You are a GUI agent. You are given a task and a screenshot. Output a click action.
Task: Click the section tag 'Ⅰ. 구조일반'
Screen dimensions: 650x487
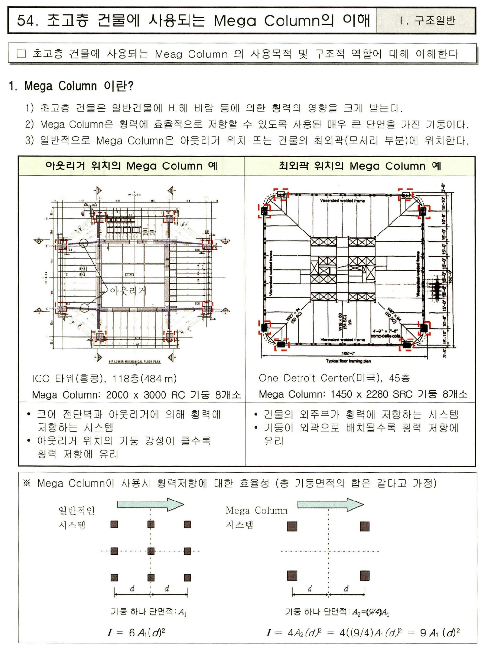tap(427, 21)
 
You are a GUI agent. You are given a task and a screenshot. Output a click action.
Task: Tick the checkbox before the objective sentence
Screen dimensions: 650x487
tap(21, 54)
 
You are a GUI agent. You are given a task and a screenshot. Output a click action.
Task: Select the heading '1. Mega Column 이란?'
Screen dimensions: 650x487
tap(71, 86)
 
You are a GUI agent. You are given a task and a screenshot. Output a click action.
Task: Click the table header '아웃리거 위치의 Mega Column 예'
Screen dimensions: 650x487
tap(131, 166)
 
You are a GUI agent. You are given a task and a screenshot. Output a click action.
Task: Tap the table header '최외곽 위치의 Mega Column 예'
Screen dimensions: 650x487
tap(360, 166)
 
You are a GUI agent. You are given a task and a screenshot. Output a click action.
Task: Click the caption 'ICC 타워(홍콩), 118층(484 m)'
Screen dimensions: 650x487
tap(104, 379)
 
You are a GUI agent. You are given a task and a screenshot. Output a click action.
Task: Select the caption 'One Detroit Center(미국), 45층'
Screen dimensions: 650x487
tap(334, 378)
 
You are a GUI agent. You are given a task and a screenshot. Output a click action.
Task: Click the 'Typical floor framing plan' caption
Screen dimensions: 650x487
tap(349, 361)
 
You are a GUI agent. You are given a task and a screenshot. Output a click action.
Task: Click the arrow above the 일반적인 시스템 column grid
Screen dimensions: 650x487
tap(150, 505)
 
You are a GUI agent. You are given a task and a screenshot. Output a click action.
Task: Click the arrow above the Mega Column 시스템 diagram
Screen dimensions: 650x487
tap(330, 505)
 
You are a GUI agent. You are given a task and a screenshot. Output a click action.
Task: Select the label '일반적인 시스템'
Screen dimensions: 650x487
tap(76, 517)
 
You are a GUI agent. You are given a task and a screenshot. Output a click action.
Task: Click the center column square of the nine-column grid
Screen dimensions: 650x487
tap(151, 551)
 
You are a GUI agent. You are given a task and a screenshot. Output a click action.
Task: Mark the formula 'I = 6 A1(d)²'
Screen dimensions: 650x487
tap(136, 632)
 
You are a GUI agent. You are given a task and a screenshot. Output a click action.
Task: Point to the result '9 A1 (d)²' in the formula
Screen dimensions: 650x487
tap(439, 632)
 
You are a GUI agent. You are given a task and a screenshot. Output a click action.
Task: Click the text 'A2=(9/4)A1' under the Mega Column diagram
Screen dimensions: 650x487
tap(370, 612)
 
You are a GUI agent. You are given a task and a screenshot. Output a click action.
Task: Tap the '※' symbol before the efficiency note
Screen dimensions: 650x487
tap(27, 483)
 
